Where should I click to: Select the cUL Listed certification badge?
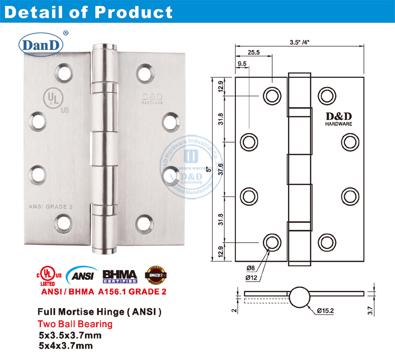coord(49,276)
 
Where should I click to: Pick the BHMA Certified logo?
coord(119,276)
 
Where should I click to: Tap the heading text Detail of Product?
coord(88,13)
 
